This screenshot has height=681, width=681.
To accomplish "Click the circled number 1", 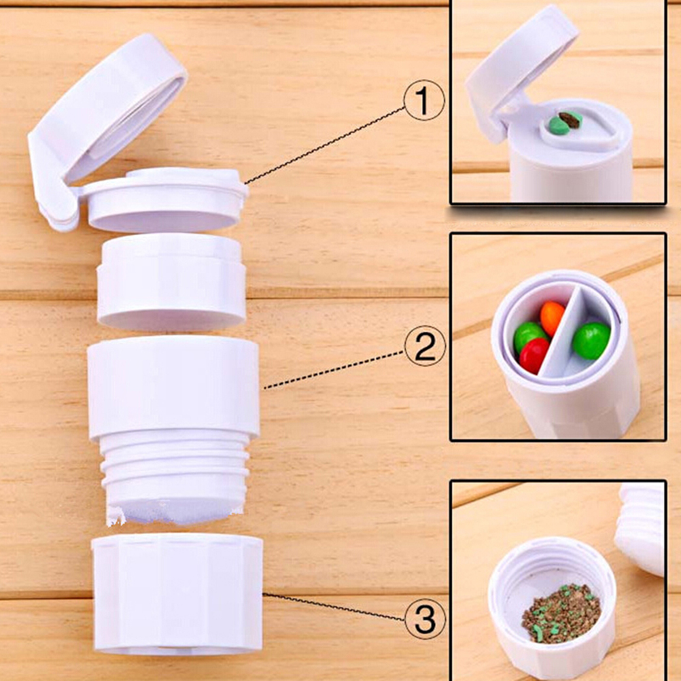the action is pyautogui.click(x=424, y=100).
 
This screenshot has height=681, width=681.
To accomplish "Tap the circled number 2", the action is pyautogui.click(x=425, y=346).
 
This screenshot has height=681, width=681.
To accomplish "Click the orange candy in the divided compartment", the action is pyautogui.click(x=552, y=318).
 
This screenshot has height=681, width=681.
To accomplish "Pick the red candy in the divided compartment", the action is pyautogui.click(x=534, y=355).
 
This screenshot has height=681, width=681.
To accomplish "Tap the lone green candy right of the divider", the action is pyautogui.click(x=591, y=340).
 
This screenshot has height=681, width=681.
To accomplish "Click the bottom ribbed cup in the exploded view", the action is pyautogui.click(x=177, y=594).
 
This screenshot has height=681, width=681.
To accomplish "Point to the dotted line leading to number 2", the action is pyautogui.click(x=334, y=370).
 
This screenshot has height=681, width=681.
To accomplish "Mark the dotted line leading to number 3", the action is pyautogui.click(x=334, y=606).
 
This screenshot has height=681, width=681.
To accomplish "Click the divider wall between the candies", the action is pyautogui.click(x=560, y=330).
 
